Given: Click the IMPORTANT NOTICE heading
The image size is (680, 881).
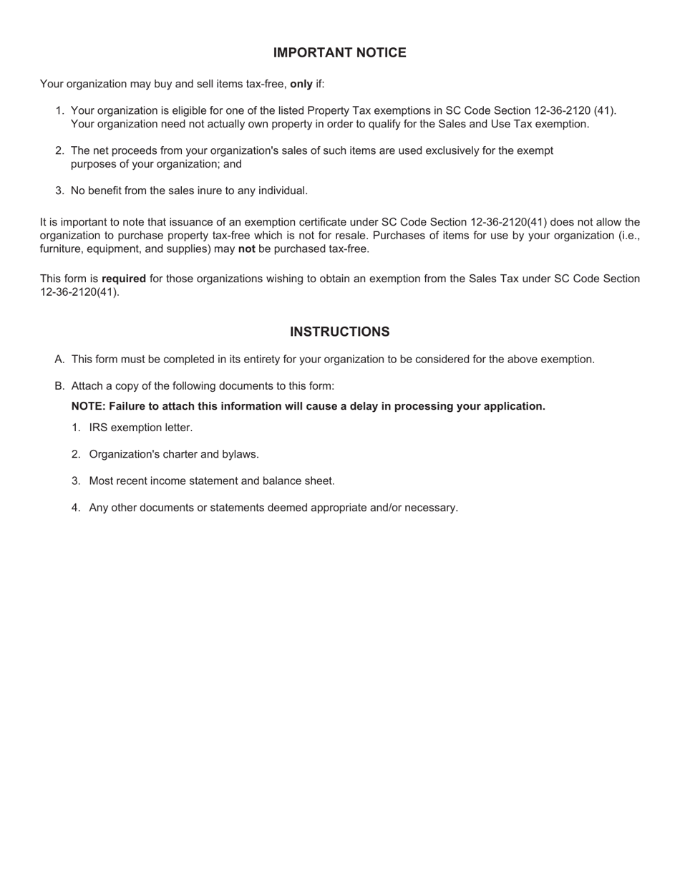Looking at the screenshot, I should tap(339, 53).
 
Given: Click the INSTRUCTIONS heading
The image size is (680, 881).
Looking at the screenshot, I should tap(339, 332).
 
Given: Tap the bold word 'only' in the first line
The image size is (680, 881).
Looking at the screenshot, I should tap(301, 84).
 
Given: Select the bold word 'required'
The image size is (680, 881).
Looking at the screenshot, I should tap(124, 279).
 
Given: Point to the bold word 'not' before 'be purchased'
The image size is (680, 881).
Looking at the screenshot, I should tap(246, 249).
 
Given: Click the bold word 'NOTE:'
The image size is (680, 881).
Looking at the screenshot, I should tap(89, 406).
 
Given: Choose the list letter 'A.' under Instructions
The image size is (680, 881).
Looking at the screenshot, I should tap(60, 360).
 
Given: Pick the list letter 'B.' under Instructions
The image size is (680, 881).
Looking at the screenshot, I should tap(60, 386).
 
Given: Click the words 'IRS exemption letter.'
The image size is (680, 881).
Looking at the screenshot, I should tap(141, 428).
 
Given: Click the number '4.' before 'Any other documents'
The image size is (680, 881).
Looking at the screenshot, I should tap(76, 508).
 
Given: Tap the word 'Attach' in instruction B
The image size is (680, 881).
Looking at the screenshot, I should tap(87, 386).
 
